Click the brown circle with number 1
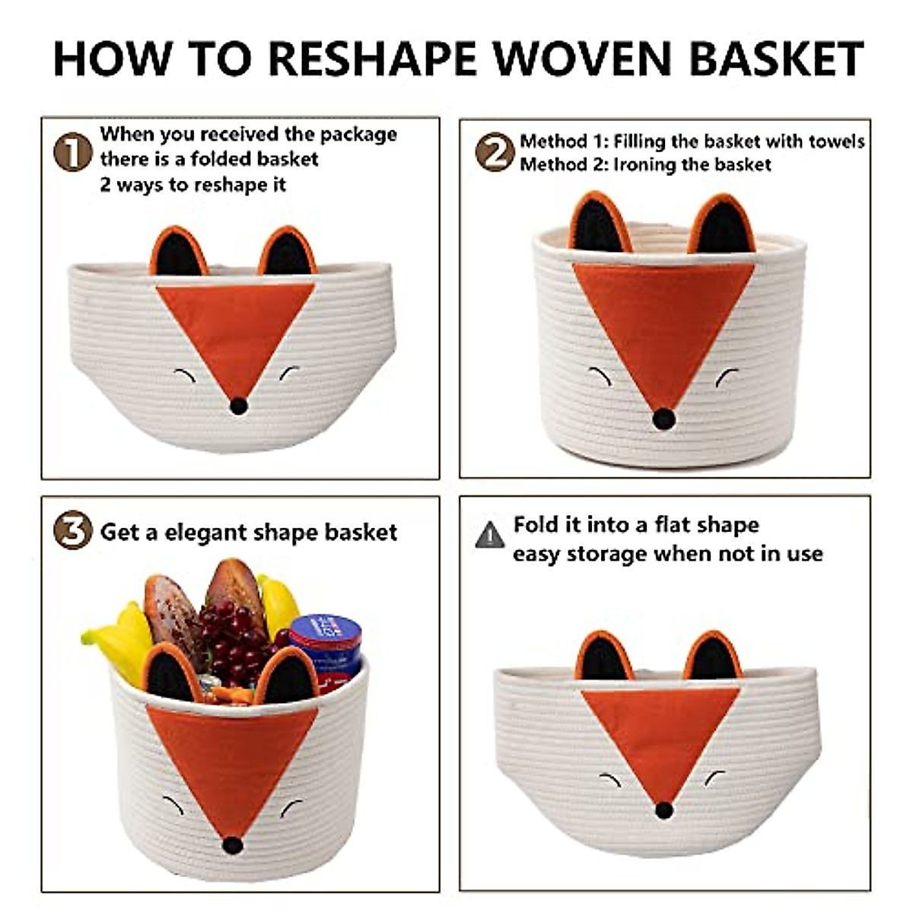[x=72, y=152]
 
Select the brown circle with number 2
[x=495, y=152]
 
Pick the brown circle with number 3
[x=72, y=531]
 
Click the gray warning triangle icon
[x=489, y=536]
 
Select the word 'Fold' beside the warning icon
[x=536, y=525]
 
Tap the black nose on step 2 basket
[x=664, y=417]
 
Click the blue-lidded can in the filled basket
[x=326, y=639]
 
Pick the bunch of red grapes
[x=236, y=639]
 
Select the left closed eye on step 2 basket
[x=599, y=374]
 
